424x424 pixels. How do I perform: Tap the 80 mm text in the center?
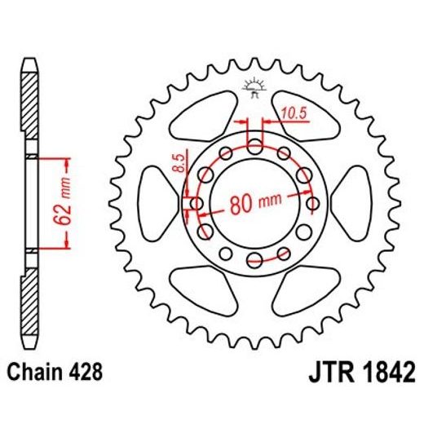pos(249,204)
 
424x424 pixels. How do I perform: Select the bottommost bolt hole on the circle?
pos(255,259)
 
